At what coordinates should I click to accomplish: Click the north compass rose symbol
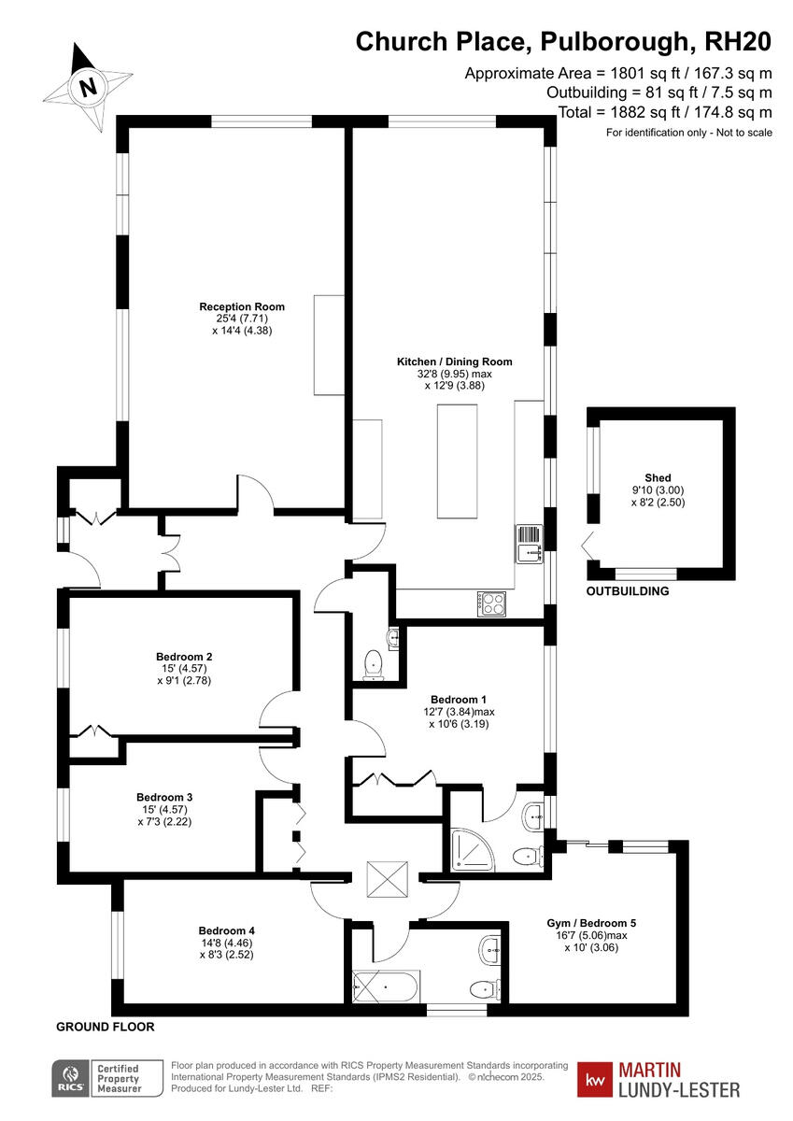(88, 87)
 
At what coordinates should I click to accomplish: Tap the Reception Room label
(242, 306)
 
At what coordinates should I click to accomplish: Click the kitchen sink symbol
(530, 544)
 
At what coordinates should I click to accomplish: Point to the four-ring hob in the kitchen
(492, 603)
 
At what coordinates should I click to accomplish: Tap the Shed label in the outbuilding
(658, 477)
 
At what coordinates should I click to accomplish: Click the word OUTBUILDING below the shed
(628, 591)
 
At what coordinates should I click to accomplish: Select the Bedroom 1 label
(459, 699)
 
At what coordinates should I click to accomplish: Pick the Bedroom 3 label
(164, 797)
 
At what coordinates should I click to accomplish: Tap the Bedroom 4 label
(226, 930)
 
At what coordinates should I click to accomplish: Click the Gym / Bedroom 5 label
(591, 923)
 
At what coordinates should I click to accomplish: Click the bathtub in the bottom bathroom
(387, 986)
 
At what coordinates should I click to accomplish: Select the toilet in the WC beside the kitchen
(374, 662)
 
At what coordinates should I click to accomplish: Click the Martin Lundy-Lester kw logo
(659, 1079)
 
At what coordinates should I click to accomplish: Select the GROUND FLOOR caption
(106, 1027)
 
